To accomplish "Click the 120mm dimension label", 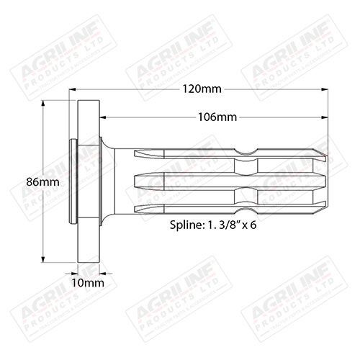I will pos(202,89).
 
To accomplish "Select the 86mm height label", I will pos(22,182).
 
